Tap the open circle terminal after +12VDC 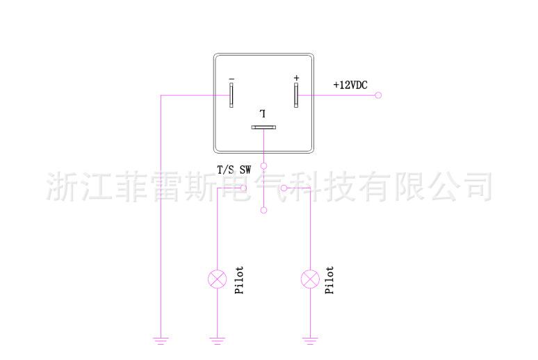pyautogui.click(x=378, y=95)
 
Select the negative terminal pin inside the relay pyautogui.click(x=231, y=95)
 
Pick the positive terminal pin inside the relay pyautogui.click(x=296, y=95)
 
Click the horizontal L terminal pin pyautogui.click(x=264, y=128)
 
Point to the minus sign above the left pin pyautogui.click(x=231, y=78)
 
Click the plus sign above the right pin pyautogui.click(x=296, y=77)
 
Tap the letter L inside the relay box pyautogui.click(x=263, y=113)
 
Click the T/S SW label pyautogui.click(x=234, y=168)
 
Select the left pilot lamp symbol pyautogui.click(x=218, y=279)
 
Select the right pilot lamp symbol pyautogui.click(x=309, y=279)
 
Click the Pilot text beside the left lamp pyautogui.click(x=239, y=279)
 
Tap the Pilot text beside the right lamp pyautogui.click(x=330, y=279)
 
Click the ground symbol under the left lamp pyautogui.click(x=218, y=341)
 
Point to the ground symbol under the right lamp pyautogui.click(x=309, y=341)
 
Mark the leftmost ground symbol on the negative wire pyautogui.click(x=161, y=341)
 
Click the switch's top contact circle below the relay pyautogui.click(x=263, y=167)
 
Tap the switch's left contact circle pyautogui.click(x=244, y=188)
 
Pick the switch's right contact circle pyautogui.click(x=284, y=188)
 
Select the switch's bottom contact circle pyautogui.click(x=263, y=210)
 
